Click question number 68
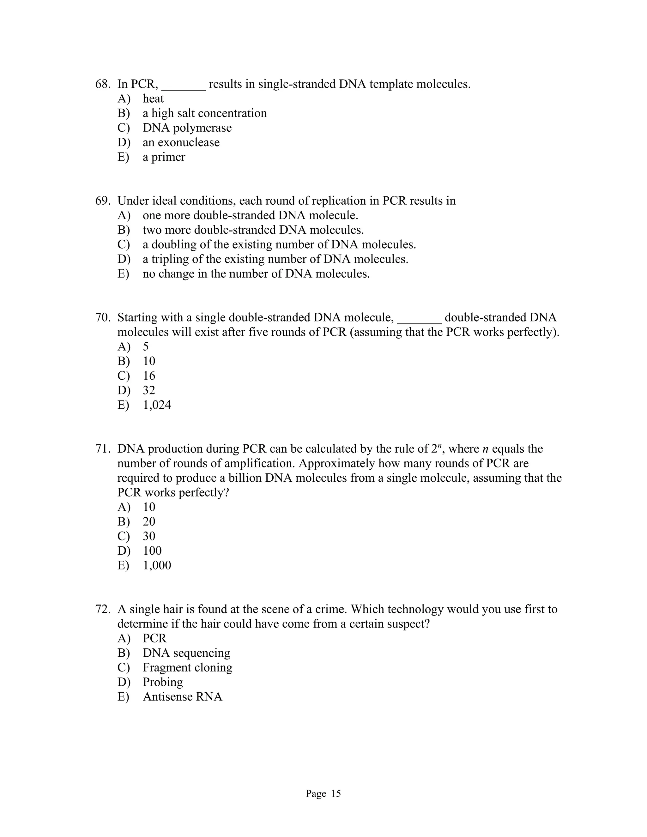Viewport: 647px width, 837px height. [x=103, y=84]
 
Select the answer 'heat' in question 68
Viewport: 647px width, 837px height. [x=153, y=99]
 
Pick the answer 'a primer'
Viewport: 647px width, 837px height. [x=164, y=157]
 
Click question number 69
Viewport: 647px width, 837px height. [x=103, y=201]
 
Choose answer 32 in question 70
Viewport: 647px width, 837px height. [x=149, y=390]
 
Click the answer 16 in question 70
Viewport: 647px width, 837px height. [x=149, y=376]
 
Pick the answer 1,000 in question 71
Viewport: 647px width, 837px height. [x=157, y=565]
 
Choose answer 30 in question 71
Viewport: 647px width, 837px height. [x=149, y=536]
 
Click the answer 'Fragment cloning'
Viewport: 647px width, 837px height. [x=187, y=668]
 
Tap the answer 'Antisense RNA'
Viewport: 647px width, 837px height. [x=183, y=697]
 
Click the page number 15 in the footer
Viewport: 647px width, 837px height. [x=336, y=793]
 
